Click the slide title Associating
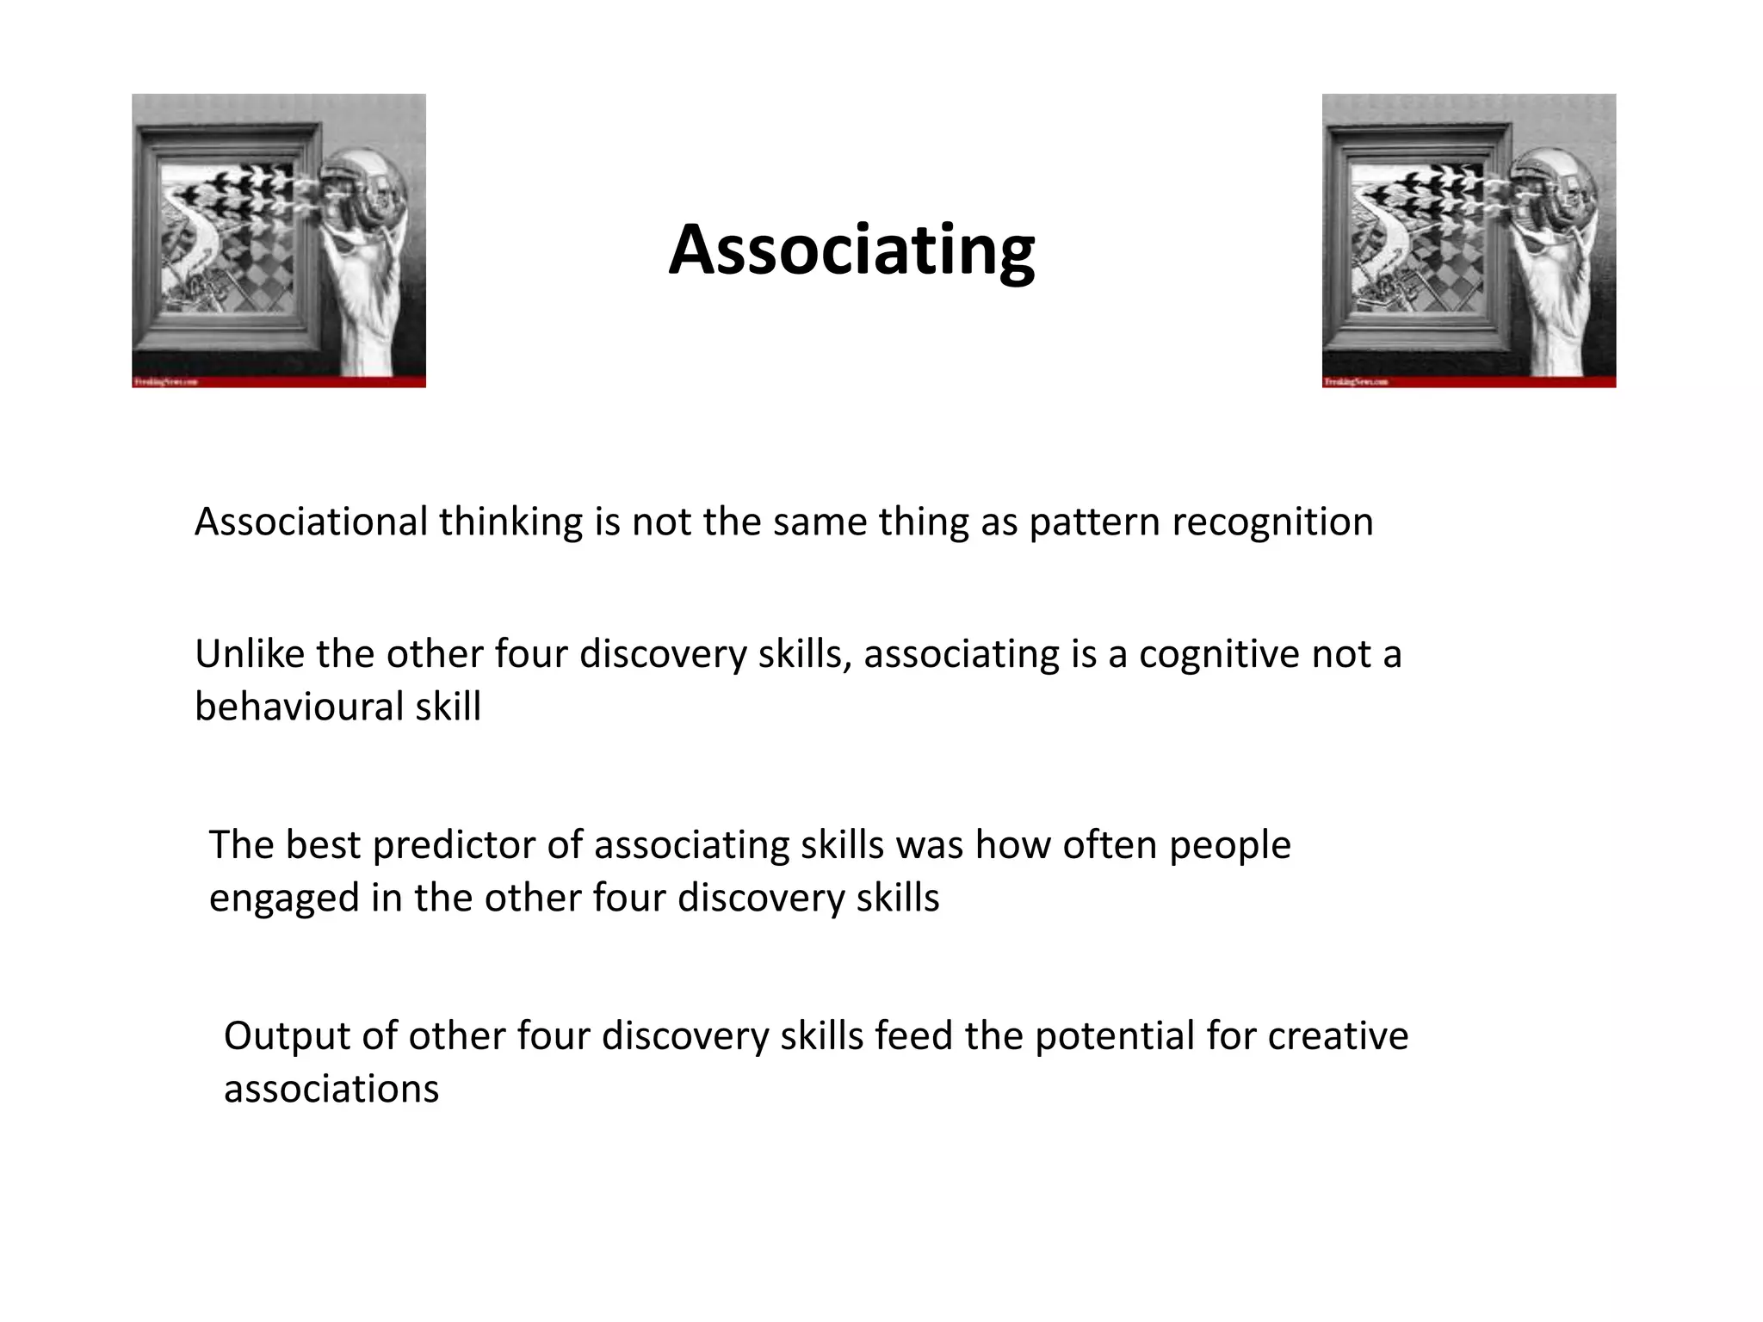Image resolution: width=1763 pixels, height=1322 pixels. tap(851, 250)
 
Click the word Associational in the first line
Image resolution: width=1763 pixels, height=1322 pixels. tap(311, 522)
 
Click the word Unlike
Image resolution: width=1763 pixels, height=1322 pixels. tap(249, 654)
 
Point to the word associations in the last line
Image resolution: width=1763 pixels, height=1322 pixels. tap(331, 1090)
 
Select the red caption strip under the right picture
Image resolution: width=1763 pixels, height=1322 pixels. tap(1469, 381)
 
